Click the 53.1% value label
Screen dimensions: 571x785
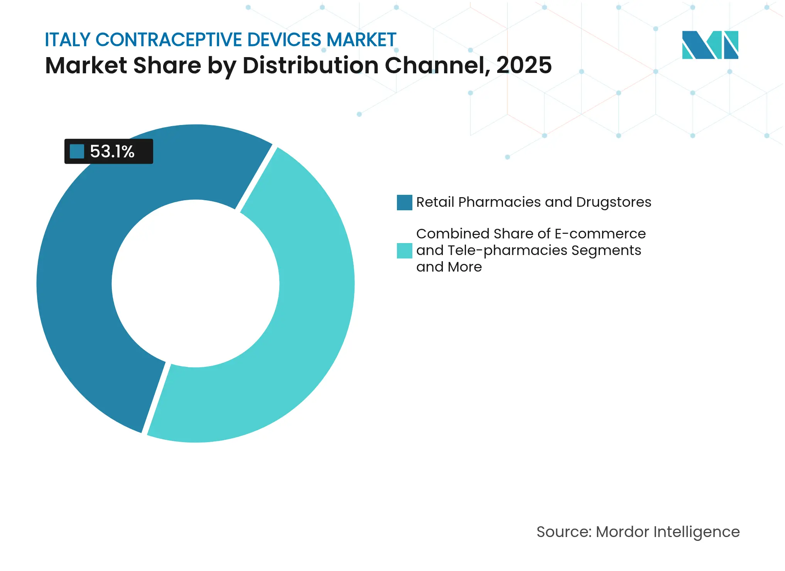point(112,152)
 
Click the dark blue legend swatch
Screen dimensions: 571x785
point(404,203)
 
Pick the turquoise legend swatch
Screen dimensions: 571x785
point(404,251)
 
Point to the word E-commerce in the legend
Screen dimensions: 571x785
point(600,234)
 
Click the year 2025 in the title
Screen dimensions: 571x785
point(524,65)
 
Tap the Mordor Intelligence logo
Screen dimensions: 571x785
point(710,45)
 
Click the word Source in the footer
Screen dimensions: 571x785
point(563,532)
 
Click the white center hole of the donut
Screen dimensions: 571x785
point(196,284)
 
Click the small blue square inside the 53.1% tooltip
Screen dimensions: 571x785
point(77,152)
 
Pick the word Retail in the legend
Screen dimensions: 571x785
point(435,202)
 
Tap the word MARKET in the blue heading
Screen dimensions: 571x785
point(361,40)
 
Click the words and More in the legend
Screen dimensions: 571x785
point(449,267)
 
